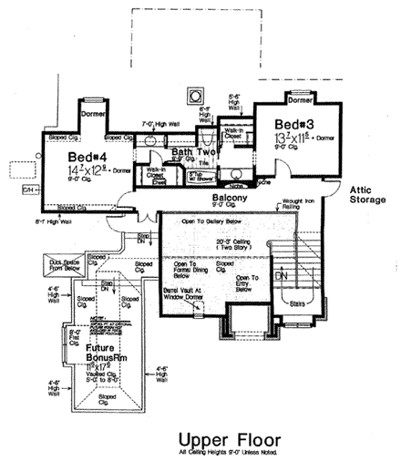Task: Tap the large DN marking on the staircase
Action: (282, 274)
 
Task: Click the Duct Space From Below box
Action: (67, 267)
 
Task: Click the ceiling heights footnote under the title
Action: (221, 452)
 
